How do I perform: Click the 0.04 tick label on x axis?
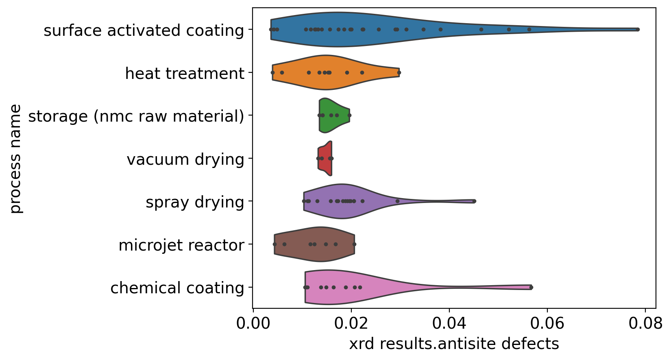449,324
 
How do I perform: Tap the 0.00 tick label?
253,324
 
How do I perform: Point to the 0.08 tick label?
645,324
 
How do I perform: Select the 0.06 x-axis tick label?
547,324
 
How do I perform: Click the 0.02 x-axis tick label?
351,324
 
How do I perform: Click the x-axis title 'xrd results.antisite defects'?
454,344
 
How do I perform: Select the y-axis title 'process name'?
15,159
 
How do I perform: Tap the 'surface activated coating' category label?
144,31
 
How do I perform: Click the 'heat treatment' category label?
185,74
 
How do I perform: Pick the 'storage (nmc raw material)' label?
136,116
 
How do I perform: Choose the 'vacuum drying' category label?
185,159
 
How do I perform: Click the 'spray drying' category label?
195,202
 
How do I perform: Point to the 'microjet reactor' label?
181,245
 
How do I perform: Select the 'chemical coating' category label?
177,288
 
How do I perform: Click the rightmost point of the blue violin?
637,29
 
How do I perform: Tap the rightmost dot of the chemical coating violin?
531,287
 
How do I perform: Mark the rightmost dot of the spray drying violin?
474,201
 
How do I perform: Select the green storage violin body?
333,115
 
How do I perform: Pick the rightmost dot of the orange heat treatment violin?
399,72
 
